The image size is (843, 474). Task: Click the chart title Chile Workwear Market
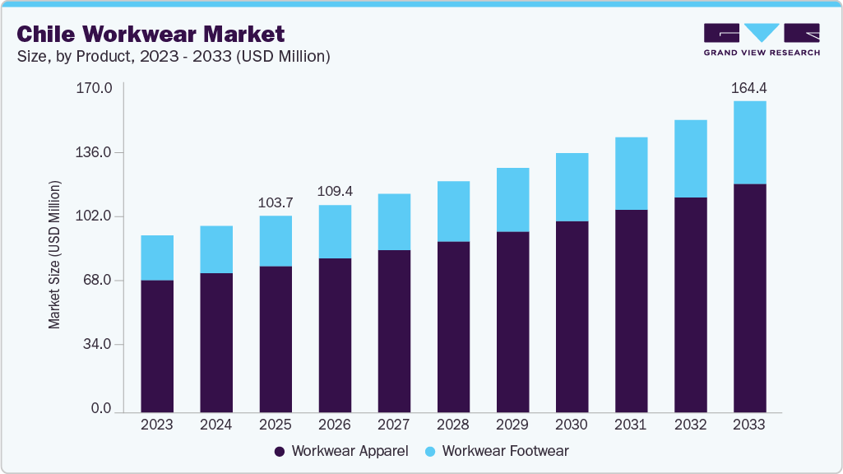tap(151, 34)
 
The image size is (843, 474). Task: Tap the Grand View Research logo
tap(762, 39)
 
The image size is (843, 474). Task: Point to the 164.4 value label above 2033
tap(749, 87)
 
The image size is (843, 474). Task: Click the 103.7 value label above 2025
tap(276, 202)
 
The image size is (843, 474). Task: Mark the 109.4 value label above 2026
tap(335, 191)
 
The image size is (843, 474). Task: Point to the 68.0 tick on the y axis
tap(96, 281)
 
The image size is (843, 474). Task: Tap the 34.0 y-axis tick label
tap(96, 345)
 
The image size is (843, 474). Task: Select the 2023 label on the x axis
tap(157, 425)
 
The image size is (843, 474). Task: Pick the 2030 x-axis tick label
tap(572, 425)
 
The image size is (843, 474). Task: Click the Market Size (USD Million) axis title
tap(55, 253)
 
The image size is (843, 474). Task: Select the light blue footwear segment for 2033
tap(749, 142)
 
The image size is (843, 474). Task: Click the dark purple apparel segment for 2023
tap(157, 346)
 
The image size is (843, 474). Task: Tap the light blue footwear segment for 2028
tap(453, 211)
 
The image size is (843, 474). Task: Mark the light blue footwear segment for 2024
tap(216, 249)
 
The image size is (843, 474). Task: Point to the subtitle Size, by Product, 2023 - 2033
tap(174, 57)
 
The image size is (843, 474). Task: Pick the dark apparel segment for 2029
tap(512, 321)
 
